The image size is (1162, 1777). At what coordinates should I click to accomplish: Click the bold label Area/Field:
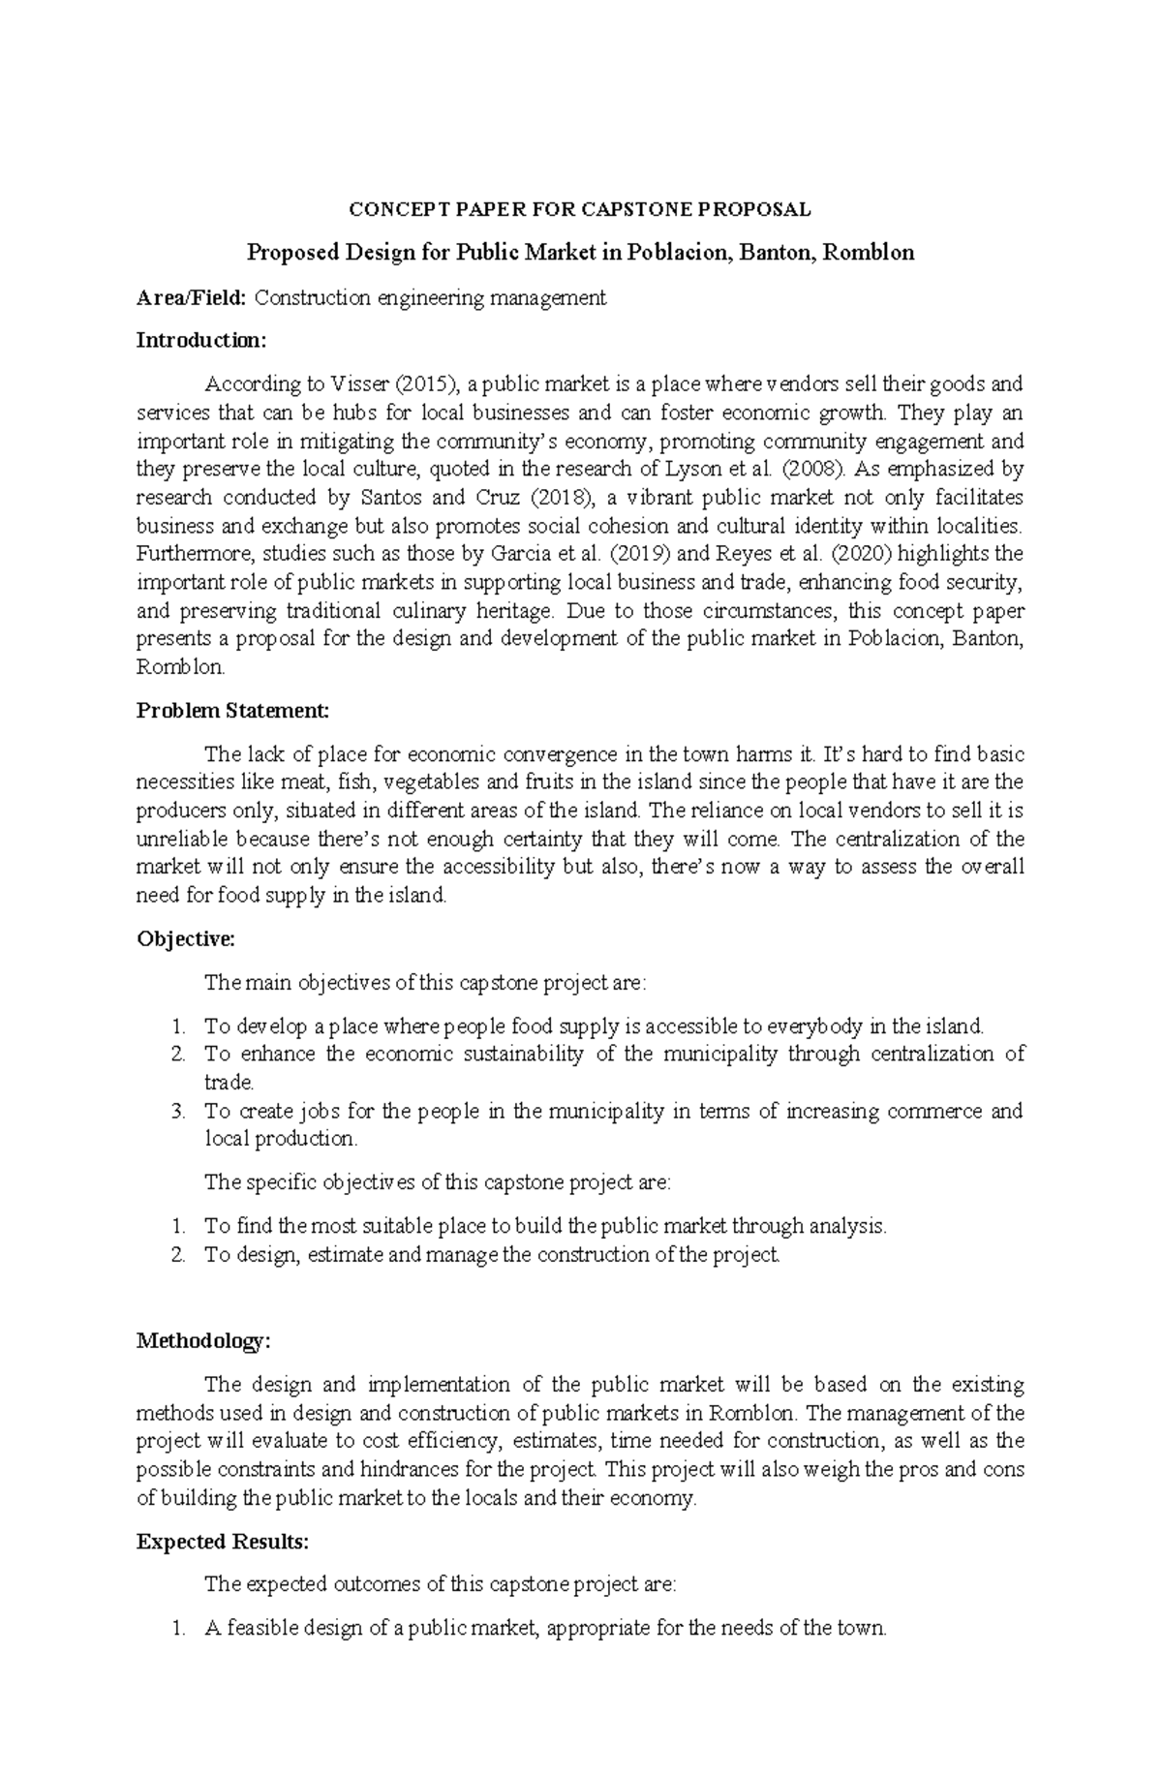tap(192, 297)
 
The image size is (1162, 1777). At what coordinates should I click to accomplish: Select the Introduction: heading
tap(199, 341)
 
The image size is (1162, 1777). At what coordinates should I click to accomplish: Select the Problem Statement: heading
tap(232, 711)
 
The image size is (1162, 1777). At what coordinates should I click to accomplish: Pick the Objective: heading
tap(186, 939)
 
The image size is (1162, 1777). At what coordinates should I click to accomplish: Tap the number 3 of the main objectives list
tap(177, 1111)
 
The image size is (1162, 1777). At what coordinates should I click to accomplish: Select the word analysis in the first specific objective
tap(845, 1226)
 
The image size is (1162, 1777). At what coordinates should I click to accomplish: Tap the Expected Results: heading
tap(223, 1542)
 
